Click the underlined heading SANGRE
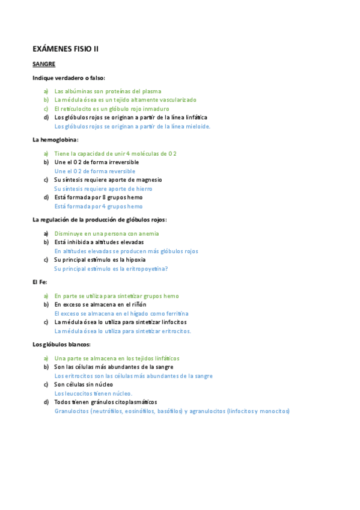[44, 63]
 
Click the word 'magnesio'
[148, 180]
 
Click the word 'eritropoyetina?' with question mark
[147, 269]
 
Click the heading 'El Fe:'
[40, 281]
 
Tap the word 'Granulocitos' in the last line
[71, 411]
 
